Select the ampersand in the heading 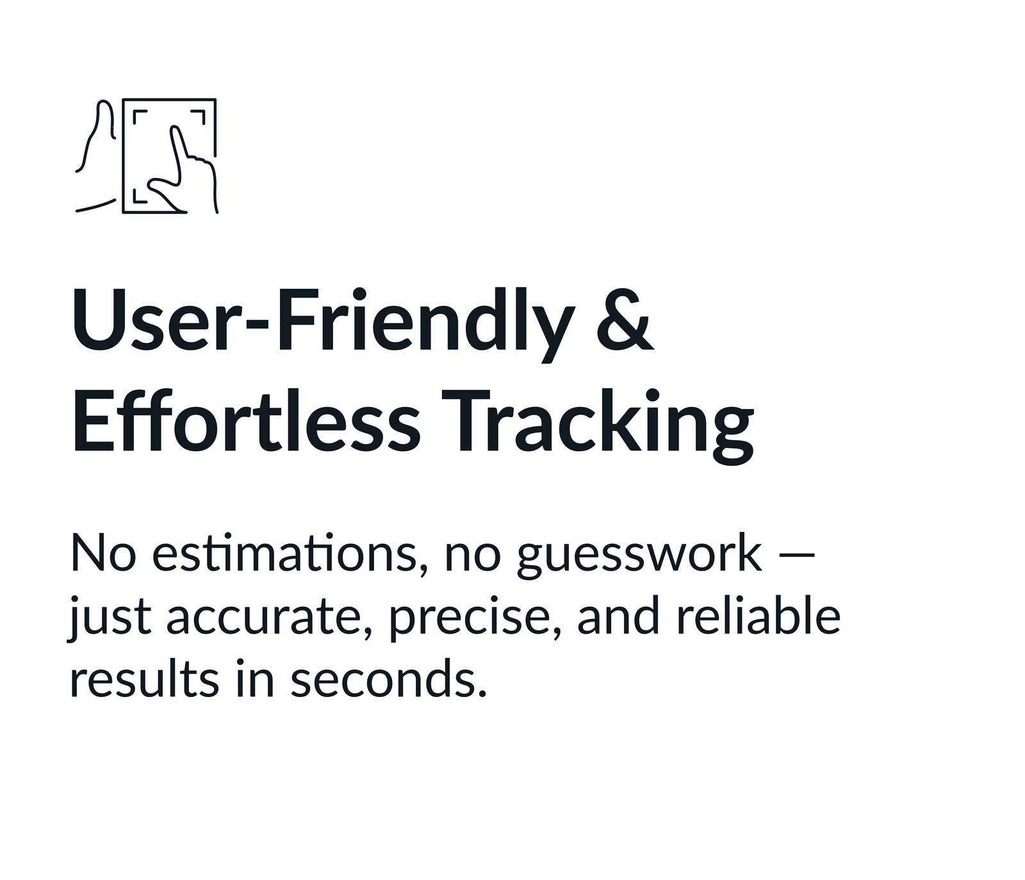(x=624, y=320)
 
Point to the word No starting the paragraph (x=103, y=552)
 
